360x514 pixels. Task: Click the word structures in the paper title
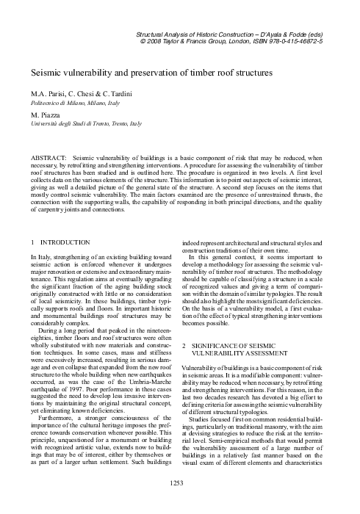tap(247, 73)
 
